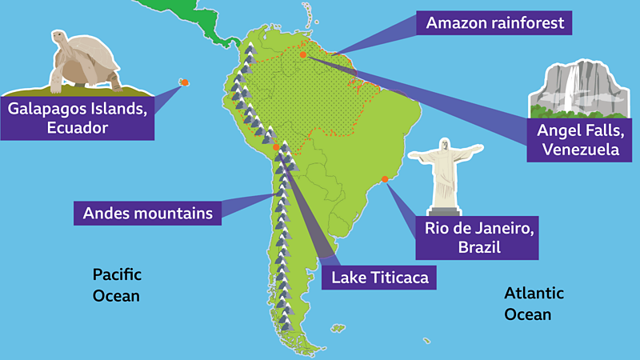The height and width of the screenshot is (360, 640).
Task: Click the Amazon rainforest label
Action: [x=494, y=23]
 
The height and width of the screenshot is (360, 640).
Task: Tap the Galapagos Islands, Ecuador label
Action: [x=77, y=118]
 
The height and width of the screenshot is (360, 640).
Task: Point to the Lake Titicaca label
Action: [x=380, y=278]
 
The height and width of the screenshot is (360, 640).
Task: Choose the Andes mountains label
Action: [x=148, y=214]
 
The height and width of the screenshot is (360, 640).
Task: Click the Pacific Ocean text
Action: [x=117, y=285]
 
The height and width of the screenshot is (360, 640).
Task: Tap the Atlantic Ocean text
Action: [x=534, y=303]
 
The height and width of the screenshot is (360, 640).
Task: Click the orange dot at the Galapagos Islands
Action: [x=184, y=82]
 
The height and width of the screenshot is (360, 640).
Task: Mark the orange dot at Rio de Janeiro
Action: [x=386, y=179]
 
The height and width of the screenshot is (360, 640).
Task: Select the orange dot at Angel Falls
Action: [x=304, y=55]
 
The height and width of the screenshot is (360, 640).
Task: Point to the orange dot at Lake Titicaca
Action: [x=275, y=147]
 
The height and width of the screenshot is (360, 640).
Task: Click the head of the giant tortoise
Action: [x=58, y=38]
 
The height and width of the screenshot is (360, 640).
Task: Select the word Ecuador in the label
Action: [x=77, y=128]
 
